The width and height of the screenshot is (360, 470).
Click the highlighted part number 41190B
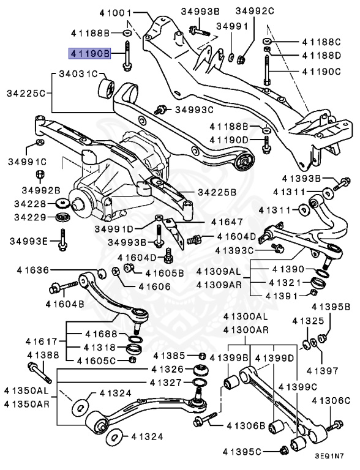click(89, 53)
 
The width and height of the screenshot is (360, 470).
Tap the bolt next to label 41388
click(37, 373)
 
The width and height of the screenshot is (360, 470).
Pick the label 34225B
click(216, 192)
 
